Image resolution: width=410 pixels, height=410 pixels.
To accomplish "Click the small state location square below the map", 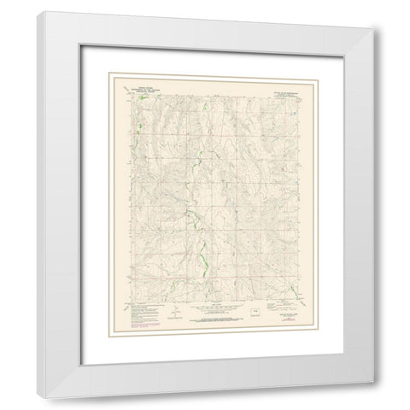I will [x=254, y=313].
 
